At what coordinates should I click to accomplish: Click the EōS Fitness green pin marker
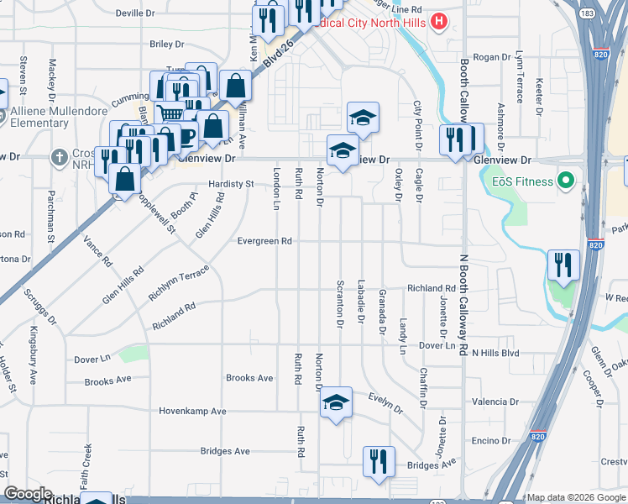click(x=567, y=181)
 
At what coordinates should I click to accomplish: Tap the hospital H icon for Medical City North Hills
click(x=437, y=22)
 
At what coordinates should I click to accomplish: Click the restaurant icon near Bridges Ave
click(x=379, y=461)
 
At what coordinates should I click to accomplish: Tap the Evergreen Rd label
click(x=264, y=241)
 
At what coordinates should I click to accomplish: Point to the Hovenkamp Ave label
click(x=193, y=412)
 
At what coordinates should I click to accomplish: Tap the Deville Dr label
click(x=136, y=13)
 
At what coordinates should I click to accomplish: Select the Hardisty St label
click(x=231, y=184)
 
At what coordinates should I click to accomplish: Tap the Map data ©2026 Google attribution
click(x=575, y=497)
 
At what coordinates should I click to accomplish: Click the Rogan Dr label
click(x=492, y=57)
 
